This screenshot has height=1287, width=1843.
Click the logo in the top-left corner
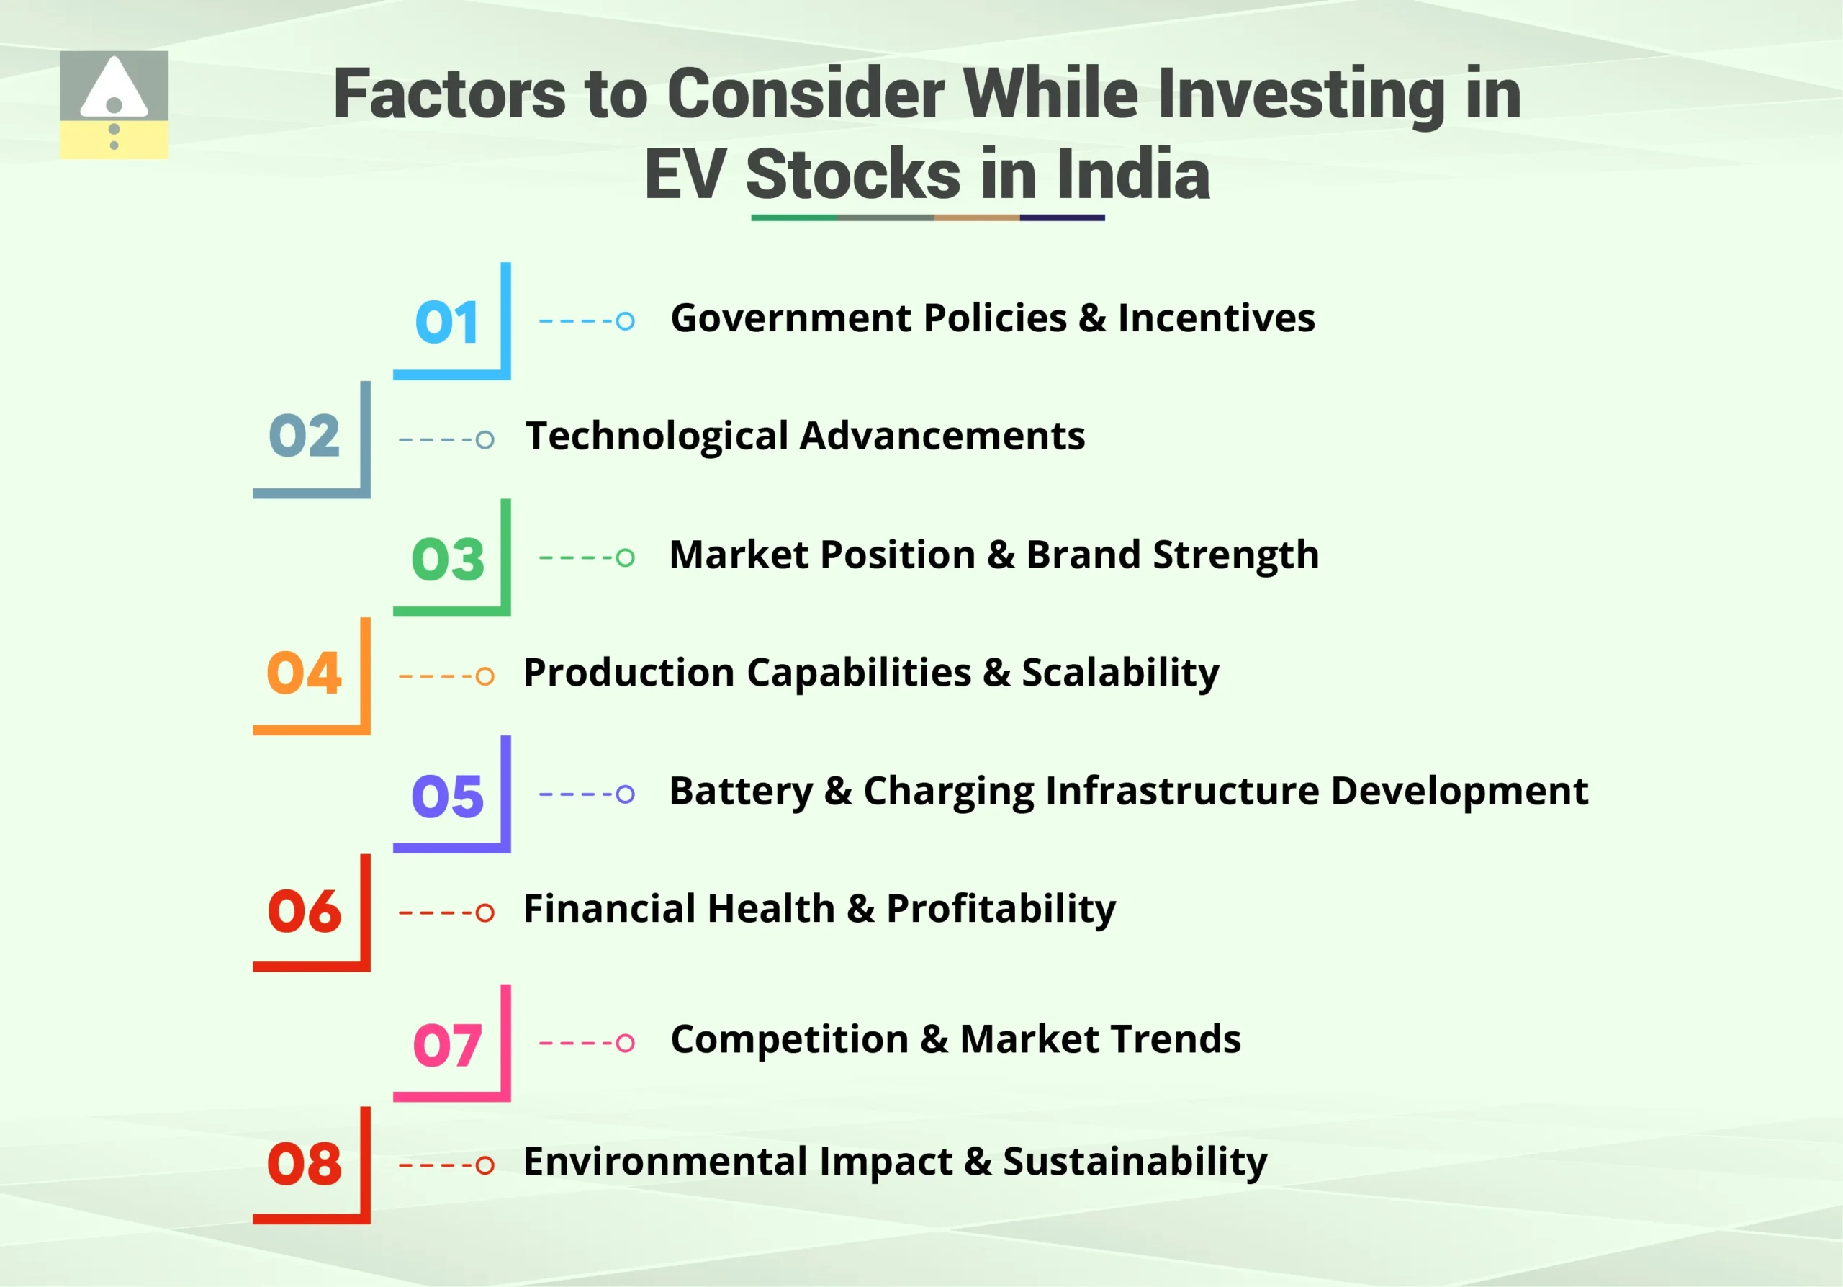(114, 104)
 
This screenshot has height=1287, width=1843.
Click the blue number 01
(447, 323)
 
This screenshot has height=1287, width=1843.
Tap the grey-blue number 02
(305, 436)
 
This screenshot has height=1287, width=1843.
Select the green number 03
(448, 560)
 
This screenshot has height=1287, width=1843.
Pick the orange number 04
(305, 673)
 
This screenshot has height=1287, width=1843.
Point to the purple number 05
(447, 797)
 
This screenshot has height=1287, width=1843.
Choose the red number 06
(305, 912)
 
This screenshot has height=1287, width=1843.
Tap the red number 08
(305, 1164)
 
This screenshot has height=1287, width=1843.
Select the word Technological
(657, 436)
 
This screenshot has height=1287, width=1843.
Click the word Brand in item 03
(1083, 555)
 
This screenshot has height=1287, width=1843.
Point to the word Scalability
(1119, 673)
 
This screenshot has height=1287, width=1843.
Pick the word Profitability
(1000, 909)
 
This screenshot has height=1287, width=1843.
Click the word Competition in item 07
(789, 1040)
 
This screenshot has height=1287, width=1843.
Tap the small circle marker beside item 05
(626, 795)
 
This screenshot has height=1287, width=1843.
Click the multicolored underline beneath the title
(928, 218)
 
